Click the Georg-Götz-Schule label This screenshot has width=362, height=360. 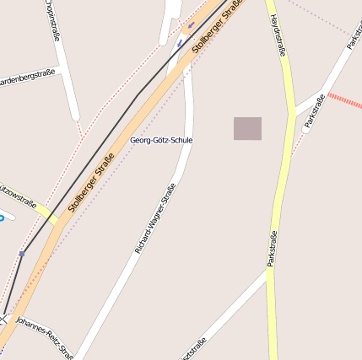[x=161, y=139]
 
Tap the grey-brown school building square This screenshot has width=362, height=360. [x=247, y=128]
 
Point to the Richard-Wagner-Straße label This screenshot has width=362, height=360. [x=155, y=218]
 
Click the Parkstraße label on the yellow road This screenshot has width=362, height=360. [x=272, y=249]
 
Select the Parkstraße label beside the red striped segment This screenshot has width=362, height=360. [x=315, y=111]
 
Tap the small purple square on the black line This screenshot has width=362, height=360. [x=22, y=253]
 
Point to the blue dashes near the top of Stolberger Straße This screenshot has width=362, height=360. [x=185, y=32]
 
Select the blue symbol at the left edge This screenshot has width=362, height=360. [x=2, y=218]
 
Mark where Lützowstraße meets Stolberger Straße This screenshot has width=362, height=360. [x=56, y=220]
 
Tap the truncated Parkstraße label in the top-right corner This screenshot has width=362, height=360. [x=354, y=30]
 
